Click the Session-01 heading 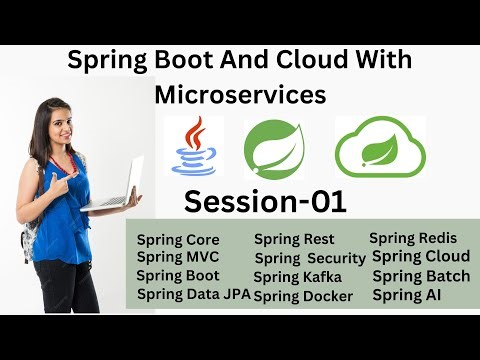pyautogui.click(x=265, y=202)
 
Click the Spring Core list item pyautogui.click(x=178, y=240)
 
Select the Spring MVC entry pyautogui.click(x=177, y=257)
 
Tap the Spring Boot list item pyautogui.click(x=178, y=275)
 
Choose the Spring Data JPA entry pyautogui.click(x=193, y=293)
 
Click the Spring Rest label pyautogui.click(x=294, y=239)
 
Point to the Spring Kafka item pyautogui.click(x=297, y=277)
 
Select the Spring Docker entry pyautogui.click(x=303, y=296)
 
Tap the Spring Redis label pyautogui.click(x=413, y=238)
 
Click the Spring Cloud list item pyautogui.click(x=420, y=257)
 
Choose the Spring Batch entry pyautogui.click(x=421, y=276)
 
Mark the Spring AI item pyautogui.click(x=406, y=295)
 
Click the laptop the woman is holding pyautogui.click(x=114, y=185)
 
